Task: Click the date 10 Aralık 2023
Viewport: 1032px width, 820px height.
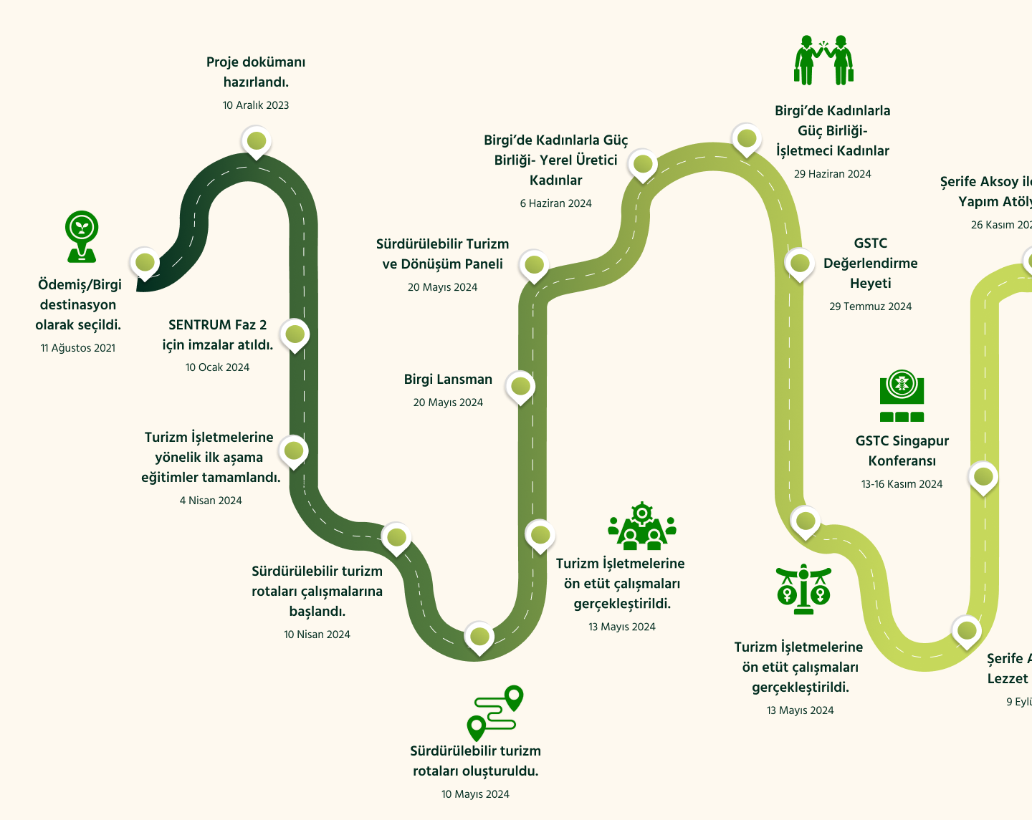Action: [256, 105]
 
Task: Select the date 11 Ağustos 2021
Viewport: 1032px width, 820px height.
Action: [78, 348]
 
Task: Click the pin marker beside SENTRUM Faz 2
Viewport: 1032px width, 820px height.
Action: [295, 334]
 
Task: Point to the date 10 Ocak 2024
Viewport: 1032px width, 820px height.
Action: [217, 367]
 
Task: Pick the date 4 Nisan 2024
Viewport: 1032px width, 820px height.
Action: [211, 501]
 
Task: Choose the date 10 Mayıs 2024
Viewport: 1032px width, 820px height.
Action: [475, 794]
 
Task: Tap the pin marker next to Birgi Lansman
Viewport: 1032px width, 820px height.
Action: [520, 387]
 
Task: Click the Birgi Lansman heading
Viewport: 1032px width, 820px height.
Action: [448, 380]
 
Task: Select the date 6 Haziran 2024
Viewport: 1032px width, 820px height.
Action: [555, 203]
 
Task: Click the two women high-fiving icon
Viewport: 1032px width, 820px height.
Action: [824, 61]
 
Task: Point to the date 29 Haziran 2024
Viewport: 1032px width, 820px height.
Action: [832, 174]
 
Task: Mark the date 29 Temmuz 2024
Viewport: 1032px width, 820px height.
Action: [870, 307]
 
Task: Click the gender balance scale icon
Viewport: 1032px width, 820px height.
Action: [803, 589]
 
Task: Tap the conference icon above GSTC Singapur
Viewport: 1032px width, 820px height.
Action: [902, 396]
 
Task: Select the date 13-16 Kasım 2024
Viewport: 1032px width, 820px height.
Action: [902, 484]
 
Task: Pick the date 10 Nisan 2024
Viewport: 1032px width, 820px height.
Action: [317, 635]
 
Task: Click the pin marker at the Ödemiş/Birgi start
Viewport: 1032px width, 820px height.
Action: [145, 263]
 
